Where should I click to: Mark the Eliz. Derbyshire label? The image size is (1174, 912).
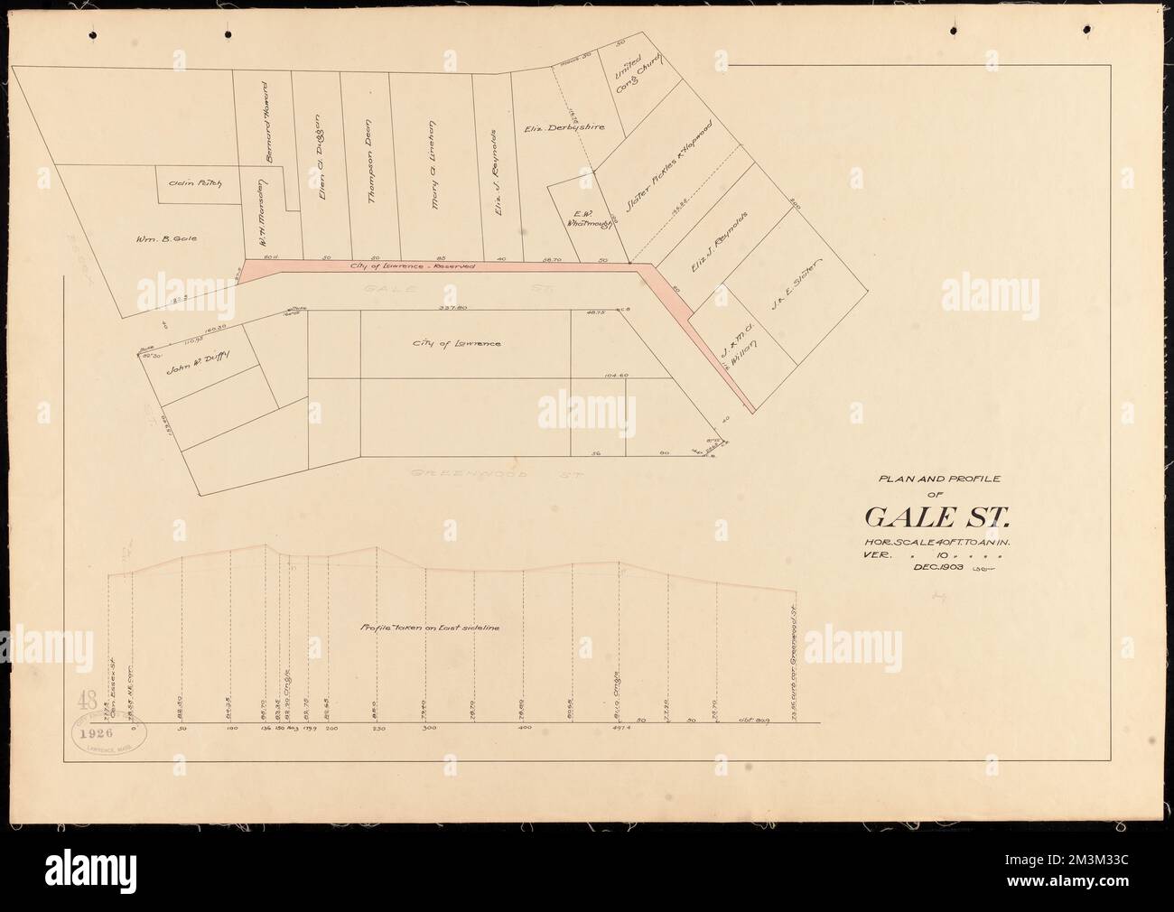[564, 128]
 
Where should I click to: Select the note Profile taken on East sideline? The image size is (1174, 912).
[430, 627]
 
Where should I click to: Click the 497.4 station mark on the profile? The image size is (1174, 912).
[620, 726]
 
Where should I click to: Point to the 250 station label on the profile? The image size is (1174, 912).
[377, 726]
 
